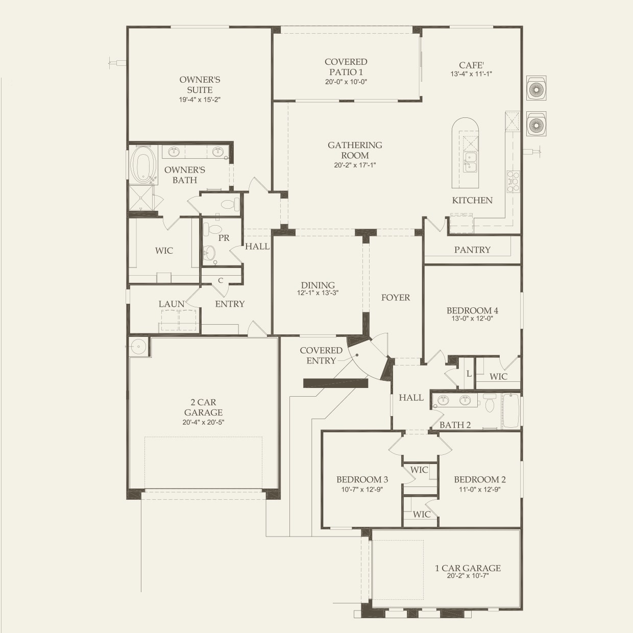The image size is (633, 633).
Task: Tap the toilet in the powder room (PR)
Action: tap(211, 229)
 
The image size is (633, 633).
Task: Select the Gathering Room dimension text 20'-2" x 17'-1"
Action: tap(355, 165)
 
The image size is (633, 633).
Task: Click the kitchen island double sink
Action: tap(470, 162)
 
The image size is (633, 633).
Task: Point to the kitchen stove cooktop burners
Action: tap(513, 182)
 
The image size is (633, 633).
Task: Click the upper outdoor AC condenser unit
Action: tap(536, 88)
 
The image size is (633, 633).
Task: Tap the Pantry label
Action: tap(472, 250)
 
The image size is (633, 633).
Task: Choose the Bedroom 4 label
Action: tap(472, 310)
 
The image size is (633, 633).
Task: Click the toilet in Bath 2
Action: tap(490, 404)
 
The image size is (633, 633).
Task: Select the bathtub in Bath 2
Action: tap(511, 410)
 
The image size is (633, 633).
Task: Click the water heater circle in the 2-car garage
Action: tap(138, 346)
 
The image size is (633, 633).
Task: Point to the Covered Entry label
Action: tap(321, 355)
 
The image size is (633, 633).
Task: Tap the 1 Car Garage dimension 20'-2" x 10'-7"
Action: tap(468, 585)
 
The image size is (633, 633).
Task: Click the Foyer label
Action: tap(396, 298)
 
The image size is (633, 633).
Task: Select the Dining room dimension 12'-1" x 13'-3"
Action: tap(318, 293)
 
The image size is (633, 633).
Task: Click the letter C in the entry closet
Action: tap(221, 280)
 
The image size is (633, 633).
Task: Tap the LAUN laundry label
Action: tap(172, 304)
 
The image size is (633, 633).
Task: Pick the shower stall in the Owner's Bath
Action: tap(141, 198)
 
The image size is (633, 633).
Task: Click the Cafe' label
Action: tap(471, 65)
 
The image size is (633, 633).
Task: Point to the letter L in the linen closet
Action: tap(469, 374)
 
